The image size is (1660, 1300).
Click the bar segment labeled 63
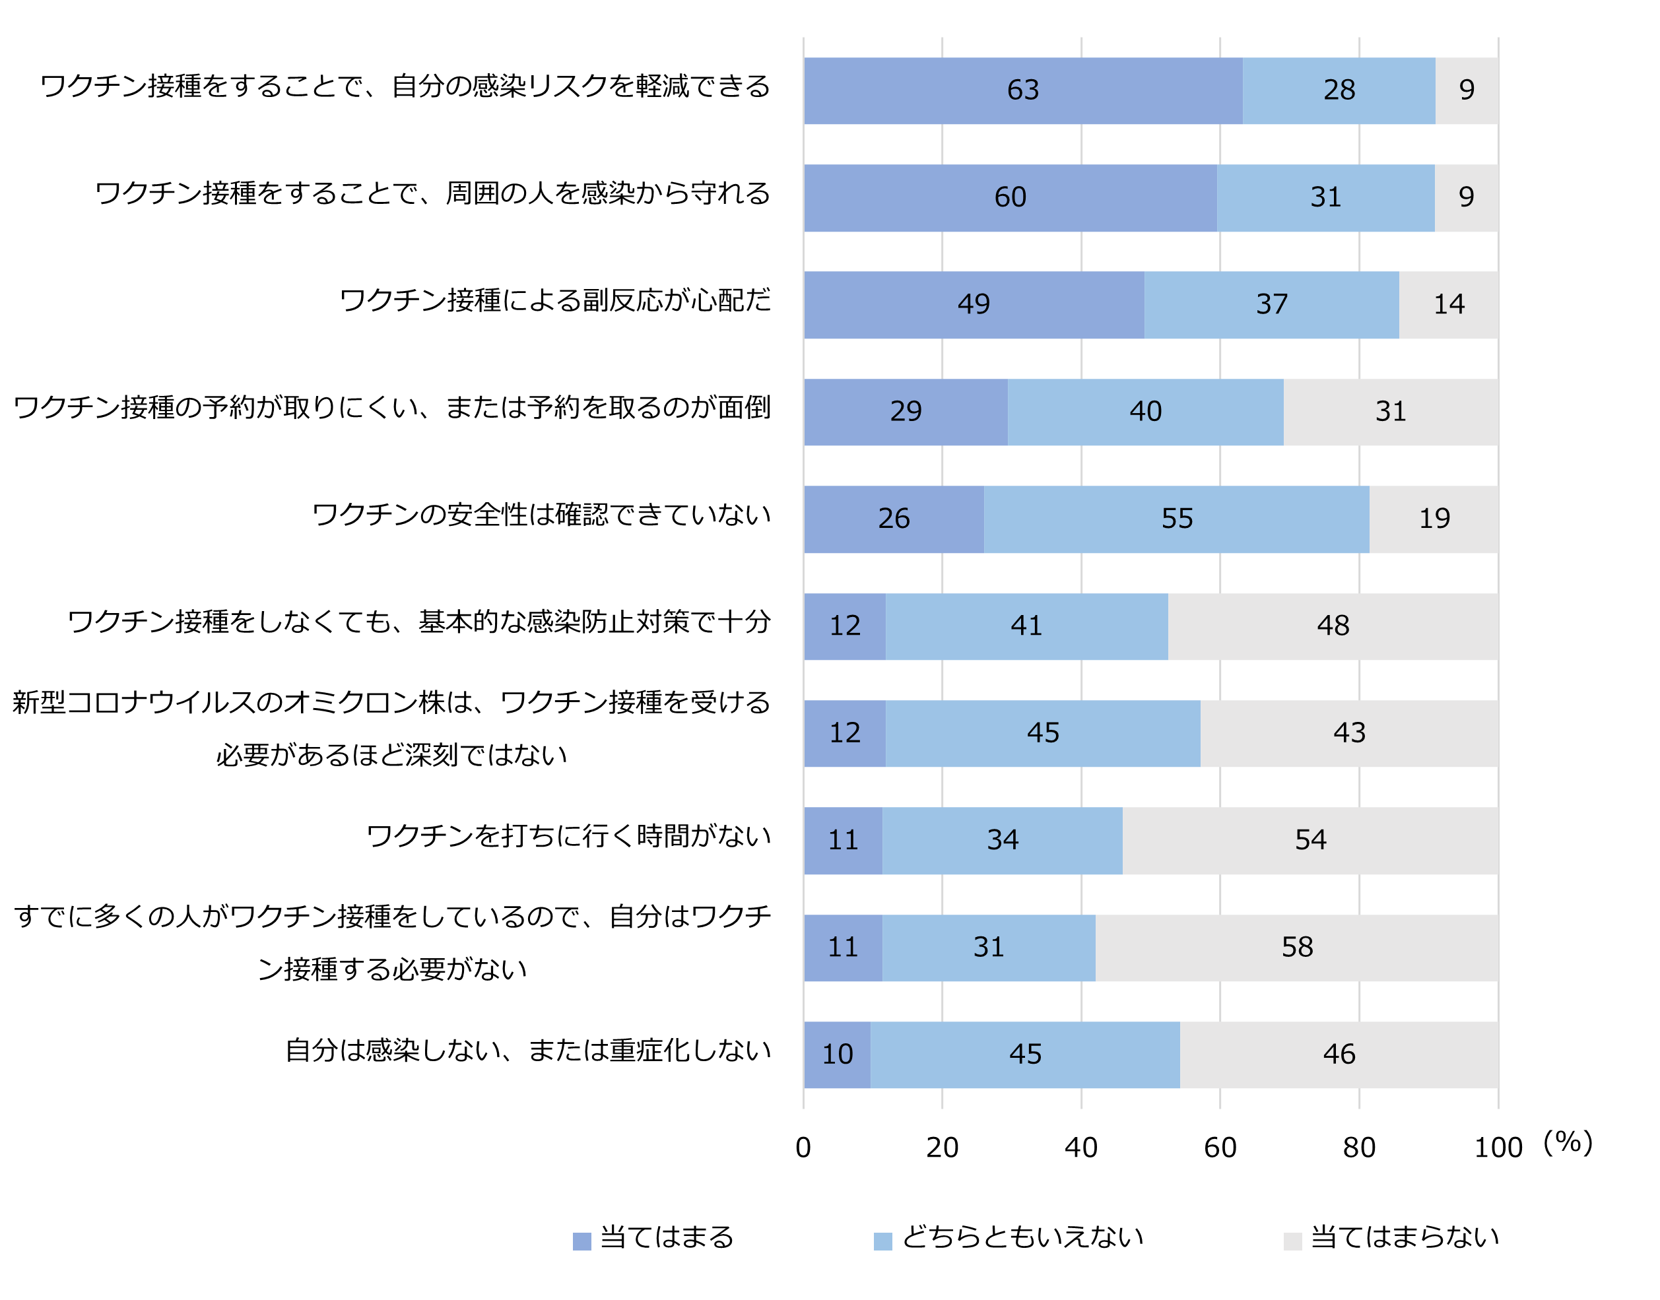tap(1022, 90)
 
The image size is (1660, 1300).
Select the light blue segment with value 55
tap(1176, 519)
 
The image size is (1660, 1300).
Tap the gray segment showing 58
tap(1296, 948)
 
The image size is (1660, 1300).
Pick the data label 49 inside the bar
tap(974, 304)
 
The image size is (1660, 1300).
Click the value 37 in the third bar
tap(1271, 304)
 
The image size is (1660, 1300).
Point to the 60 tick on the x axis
tap(1219, 1147)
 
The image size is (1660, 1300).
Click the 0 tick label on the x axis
tap(803, 1147)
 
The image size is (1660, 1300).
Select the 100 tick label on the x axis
tap(1497, 1147)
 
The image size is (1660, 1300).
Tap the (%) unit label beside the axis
tap(1567, 1142)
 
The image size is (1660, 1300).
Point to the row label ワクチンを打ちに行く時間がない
tap(568, 835)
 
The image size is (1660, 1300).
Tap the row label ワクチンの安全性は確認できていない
tap(541, 515)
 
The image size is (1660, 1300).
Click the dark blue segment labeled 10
tap(836, 1054)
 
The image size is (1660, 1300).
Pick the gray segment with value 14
tap(1448, 304)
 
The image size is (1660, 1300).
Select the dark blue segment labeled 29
tap(905, 412)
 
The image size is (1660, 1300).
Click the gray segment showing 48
tap(1333, 626)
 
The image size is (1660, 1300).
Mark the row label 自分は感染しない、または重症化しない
tap(527, 1051)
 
